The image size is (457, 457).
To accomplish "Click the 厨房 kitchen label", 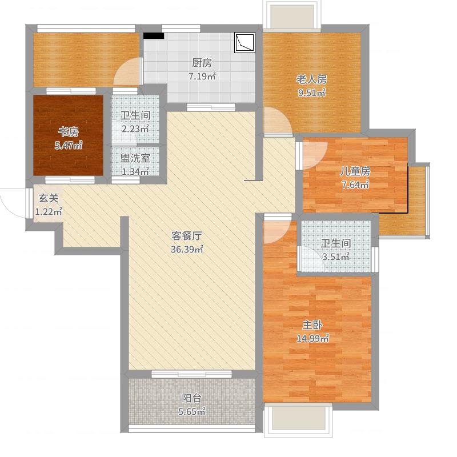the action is pos(202,63).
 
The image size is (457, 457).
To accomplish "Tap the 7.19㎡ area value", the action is pos(202,77).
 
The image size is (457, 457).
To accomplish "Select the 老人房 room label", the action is pos(311,79).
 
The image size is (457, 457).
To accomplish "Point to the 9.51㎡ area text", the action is pos(311,93).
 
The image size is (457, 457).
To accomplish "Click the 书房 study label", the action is pos(69,133).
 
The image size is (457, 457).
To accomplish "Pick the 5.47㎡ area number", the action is pos(69,146).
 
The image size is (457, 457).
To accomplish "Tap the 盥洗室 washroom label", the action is pos(135,158).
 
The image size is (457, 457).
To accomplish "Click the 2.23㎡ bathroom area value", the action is pos(135,129).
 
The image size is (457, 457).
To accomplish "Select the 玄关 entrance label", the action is pos(49,198).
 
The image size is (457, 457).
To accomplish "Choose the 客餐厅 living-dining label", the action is pos(187,236).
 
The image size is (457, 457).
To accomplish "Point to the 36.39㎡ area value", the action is pos(187,250).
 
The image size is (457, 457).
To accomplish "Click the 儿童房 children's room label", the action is pos(355,171).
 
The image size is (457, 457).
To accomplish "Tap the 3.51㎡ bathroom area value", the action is pos(336,257).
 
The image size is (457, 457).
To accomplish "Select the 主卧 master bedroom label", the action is pos(312,324).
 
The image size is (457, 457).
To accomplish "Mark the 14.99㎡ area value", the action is pos(312,338).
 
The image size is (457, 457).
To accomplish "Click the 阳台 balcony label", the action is pos(191,398).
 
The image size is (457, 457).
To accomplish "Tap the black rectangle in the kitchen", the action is pos(154,35).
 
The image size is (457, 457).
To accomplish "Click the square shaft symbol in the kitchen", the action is pos(245,42).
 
